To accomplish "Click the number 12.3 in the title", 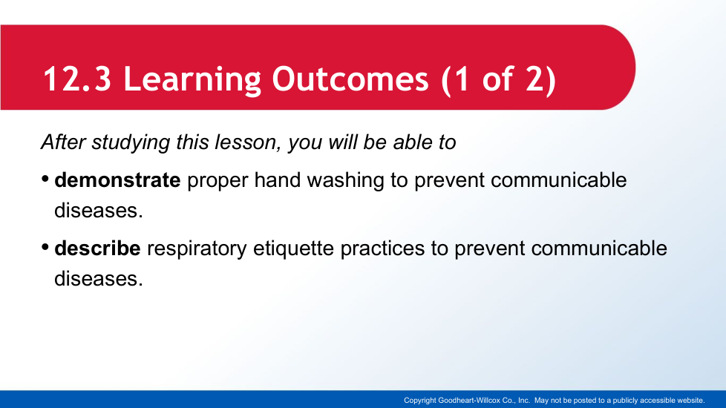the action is pyautogui.click(x=77, y=79).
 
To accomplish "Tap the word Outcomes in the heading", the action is pyautogui.click(x=350, y=79).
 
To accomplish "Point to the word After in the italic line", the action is pyautogui.click(x=63, y=142).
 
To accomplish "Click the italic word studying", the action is pyautogui.click(x=131, y=143).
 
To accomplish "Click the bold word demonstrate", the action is pyautogui.click(x=117, y=180).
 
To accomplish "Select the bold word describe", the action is pyautogui.click(x=98, y=249).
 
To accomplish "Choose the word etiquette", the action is pyautogui.click(x=293, y=249).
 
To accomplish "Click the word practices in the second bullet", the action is pyautogui.click(x=382, y=249).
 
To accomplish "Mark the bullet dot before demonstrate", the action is pyautogui.click(x=45, y=179).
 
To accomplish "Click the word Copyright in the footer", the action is pyautogui.click(x=420, y=401).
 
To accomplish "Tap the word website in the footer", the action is pyautogui.click(x=691, y=401).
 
